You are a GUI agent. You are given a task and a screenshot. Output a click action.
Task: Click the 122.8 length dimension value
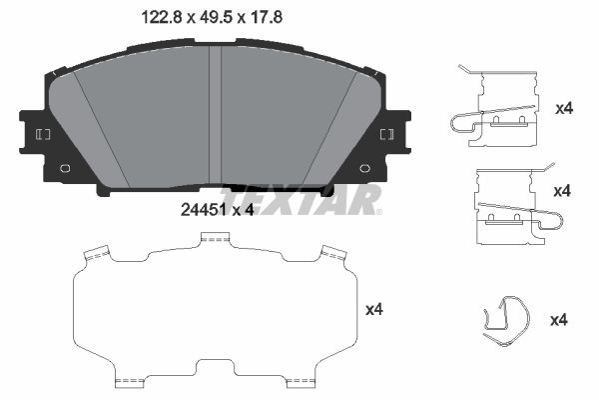point(161,17)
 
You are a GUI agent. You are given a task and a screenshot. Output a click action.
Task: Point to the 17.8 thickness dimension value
point(266,17)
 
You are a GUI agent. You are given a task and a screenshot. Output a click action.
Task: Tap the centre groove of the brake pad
point(215,115)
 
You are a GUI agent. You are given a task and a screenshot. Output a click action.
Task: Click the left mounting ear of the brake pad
point(34,132)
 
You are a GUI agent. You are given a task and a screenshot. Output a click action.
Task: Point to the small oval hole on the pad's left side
point(65,168)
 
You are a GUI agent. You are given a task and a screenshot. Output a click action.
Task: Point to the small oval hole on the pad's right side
point(365,168)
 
